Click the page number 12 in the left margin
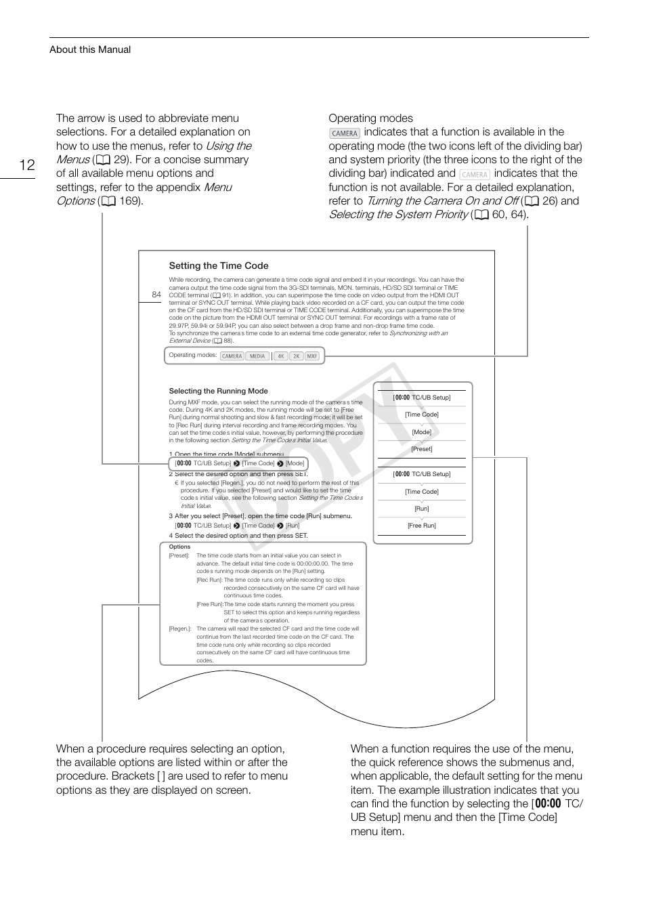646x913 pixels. coord(26,165)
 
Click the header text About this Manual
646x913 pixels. coord(90,49)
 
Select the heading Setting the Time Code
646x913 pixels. coord(219,266)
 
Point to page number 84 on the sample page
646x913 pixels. coord(156,295)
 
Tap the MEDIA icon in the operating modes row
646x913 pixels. coord(257,356)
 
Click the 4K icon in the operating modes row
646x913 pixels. coord(280,356)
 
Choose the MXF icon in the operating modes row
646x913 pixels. coord(311,356)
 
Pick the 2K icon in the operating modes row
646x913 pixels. coord(296,356)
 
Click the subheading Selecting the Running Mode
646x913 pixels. coord(218,391)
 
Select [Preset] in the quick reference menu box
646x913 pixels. coord(421,449)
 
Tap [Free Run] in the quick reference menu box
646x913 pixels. coord(421,526)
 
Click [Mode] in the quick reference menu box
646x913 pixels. coord(421,432)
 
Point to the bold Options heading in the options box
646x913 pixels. coord(179,547)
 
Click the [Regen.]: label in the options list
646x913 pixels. coord(180,629)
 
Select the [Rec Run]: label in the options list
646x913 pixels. coord(209,580)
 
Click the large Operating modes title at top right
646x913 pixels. coord(370,119)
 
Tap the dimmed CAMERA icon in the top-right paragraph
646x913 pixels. coord(475,174)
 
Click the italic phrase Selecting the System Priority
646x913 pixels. coord(398,215)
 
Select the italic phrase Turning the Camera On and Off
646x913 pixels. coord(442,201)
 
